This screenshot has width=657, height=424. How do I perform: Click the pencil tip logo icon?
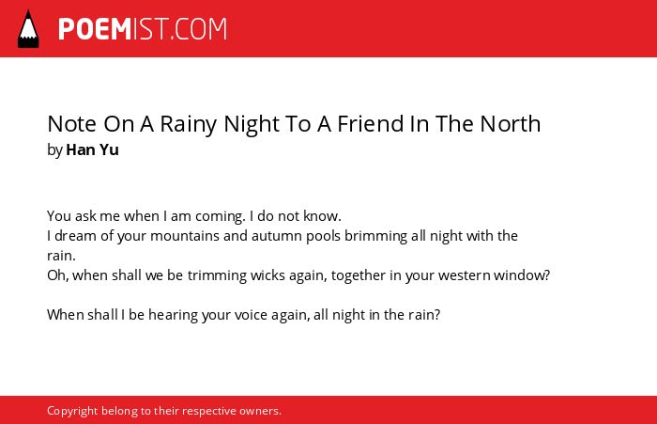[28, 29]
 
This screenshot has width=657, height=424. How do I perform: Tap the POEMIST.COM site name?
[143, 29]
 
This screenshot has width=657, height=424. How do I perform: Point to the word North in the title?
[511, 124]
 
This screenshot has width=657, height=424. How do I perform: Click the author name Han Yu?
[92, 149]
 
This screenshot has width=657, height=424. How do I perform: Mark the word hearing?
[173, 315]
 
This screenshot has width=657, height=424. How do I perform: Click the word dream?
[75, 236]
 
